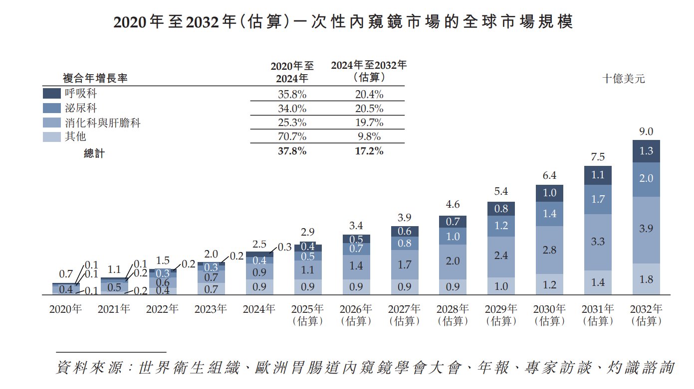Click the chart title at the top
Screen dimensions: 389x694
point(343,22)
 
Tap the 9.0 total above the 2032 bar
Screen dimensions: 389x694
point(646,132)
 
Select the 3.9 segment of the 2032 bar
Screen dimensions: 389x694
point(646,229)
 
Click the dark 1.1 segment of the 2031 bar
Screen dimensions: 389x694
point(598,175)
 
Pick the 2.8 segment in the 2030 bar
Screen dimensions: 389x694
point(549,250)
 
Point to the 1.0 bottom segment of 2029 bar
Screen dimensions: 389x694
point(501,286)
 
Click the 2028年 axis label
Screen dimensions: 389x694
point(453,309)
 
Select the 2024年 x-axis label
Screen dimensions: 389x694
point(259,309)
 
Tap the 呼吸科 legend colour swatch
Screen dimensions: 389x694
point(52,93)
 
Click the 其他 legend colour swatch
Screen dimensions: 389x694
point(52,136)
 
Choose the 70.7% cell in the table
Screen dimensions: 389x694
point(292,136)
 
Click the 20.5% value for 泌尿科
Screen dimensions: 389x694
point(369,108)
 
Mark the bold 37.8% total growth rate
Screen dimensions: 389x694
point(292,151)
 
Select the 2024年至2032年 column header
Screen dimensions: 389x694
point(369,71)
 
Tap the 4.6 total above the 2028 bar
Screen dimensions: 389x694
point(453,205)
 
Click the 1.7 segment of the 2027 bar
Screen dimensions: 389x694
point(404,264)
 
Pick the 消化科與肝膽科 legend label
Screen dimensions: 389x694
point(102,123)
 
